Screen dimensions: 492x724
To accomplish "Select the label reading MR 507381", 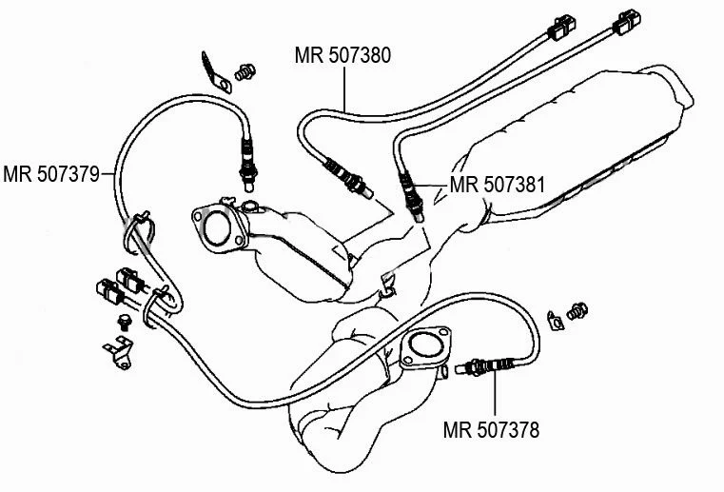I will pos(497,185).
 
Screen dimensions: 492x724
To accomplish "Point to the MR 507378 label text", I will pos(492,430).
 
